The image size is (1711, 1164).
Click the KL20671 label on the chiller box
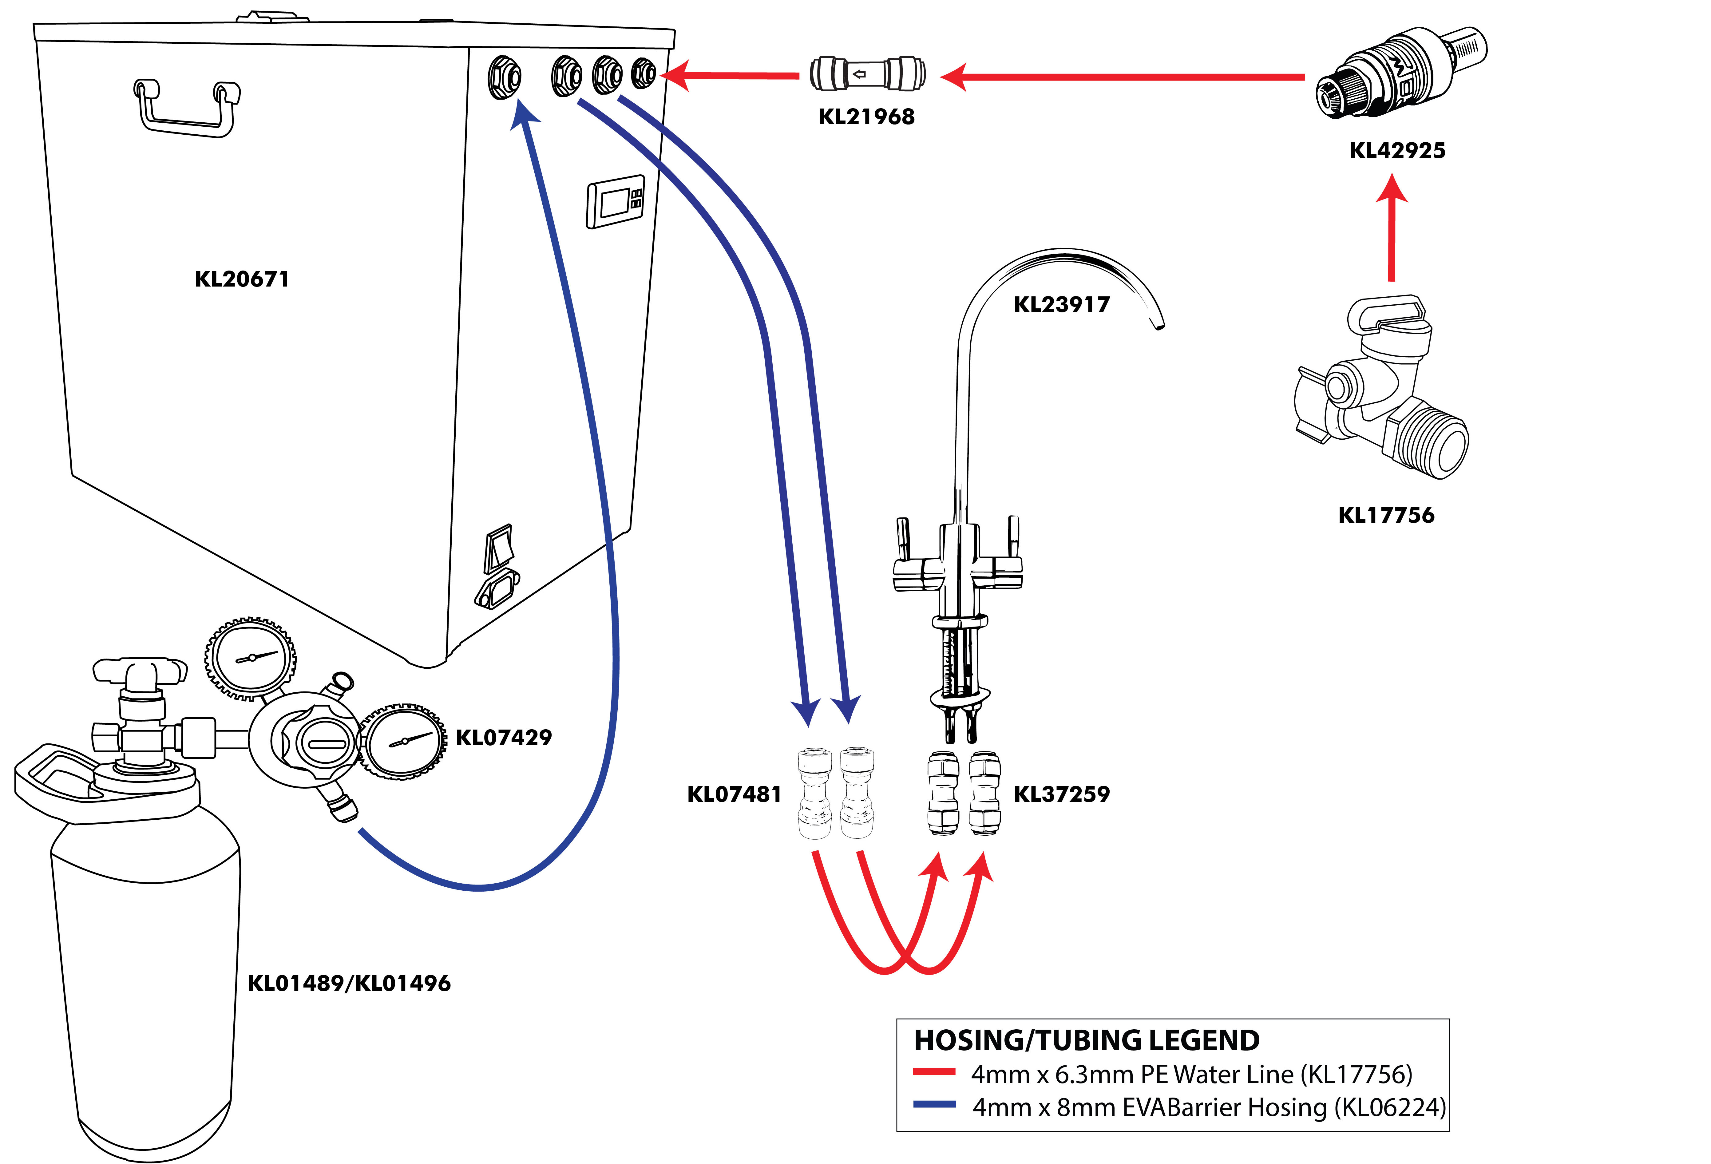point(241,279)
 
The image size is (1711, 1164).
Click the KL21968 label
point(866,116)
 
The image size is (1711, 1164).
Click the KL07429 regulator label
point(504,737)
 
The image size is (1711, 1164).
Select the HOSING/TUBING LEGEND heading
point(1087,1039)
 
